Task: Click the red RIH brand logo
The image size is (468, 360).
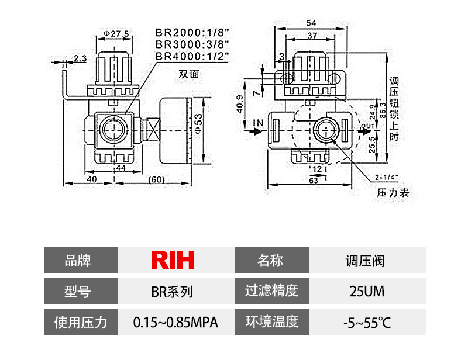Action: (x=173, y=259)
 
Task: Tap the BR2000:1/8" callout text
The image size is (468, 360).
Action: (x=191, y=33)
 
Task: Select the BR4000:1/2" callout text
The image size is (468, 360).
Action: (x=191, y=56)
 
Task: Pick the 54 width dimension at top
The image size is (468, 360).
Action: (x=312, y=22)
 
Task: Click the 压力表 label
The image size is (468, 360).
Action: (x=393, y=192)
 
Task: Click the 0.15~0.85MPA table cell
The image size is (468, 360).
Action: (x=175, y=322)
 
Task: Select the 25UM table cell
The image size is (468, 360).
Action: (x=366, y=290)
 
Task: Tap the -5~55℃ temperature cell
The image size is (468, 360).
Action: (x=366, y=322)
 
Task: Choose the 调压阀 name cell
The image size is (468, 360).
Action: (x=366, y=259)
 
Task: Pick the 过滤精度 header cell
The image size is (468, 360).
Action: (x=271, y=290)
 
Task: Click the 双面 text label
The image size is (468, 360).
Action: (x=189, y=74)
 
